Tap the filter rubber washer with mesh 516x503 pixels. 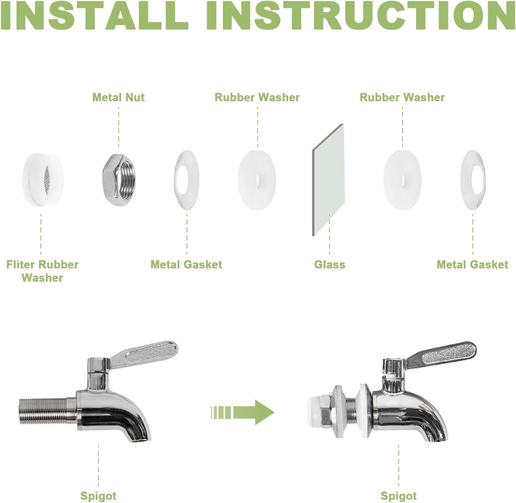click(43, 180)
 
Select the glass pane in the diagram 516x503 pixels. click(328, 180)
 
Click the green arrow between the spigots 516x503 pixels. click(242, 412)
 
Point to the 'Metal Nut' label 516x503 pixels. click(118, 97)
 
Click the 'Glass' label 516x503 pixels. click(330, 264)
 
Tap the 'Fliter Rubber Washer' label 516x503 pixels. click(42, 271)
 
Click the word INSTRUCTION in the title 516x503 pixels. click(361, 16)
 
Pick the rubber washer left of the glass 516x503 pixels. click(257, 180)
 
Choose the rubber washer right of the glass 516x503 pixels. click(403, 180)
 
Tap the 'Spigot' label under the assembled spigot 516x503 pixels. click(399, 496)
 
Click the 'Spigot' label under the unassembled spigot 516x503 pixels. click(98, 496)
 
